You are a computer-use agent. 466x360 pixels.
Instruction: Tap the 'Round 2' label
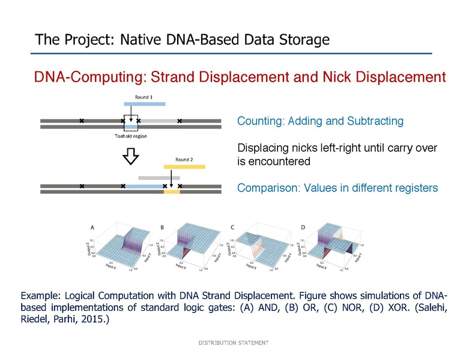point(184,160)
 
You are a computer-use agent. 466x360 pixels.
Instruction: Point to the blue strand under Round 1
point(141,103)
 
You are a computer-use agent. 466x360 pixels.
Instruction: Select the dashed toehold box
point(130,122)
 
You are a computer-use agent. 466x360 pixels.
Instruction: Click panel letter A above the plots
point(92,227)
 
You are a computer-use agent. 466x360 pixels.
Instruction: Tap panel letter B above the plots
point(162,227)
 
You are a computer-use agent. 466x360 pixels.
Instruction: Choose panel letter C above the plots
point(232,227)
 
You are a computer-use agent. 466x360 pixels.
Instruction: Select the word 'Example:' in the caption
point(40,296)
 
